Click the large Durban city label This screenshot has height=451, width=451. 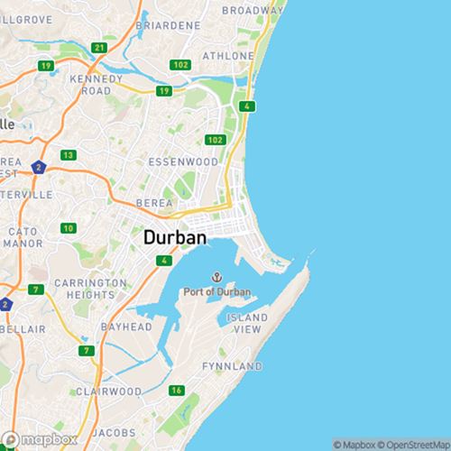(x=175, y=238)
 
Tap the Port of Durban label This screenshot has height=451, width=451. (x=216, y=291)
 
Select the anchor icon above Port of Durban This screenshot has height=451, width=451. (x=216, y=277)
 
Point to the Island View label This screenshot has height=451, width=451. (x=247, y=324)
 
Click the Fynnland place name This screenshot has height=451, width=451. (x=232, y=366)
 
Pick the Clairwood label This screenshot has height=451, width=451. (x=107, y=391)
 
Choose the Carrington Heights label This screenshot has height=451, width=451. (x=89, y=289)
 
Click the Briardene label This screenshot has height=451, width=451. (x=168, y=26)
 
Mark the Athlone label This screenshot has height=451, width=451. (x=228, y=55)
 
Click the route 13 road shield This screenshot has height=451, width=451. (x=68, y=155)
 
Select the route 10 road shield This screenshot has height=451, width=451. (x=69, y=228)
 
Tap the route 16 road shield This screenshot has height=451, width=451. (x=176, y=391)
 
